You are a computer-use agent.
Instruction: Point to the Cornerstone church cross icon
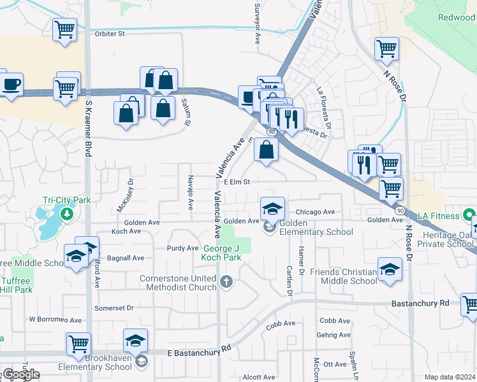[x=226, y=281]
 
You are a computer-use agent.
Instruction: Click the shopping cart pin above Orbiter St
[x=64, y=29]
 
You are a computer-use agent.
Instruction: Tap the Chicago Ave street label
[x=315, y=212]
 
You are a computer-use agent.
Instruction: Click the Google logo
[x=20, y=374]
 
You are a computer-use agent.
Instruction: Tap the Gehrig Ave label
[x=335, y=335]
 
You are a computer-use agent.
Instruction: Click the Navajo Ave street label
[x=190, y=194]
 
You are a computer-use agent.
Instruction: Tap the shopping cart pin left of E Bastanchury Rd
[x=78, y=344]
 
